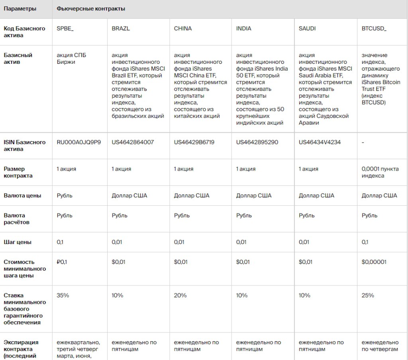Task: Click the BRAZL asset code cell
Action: coord(121,29)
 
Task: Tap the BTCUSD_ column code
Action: coord(374,29)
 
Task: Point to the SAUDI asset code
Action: coord(307,29)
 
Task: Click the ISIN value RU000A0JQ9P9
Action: coord(79,142)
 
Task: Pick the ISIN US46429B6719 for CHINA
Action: coord(194,142)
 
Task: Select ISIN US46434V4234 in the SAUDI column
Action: coord(320,142)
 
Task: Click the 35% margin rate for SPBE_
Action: coord(63,295)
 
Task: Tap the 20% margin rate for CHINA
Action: coord(180,295)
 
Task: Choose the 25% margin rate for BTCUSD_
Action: coord(368,295)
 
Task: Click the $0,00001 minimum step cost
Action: coord(374,262)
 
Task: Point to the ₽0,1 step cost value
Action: coord(62,262)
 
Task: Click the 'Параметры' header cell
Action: coord(20,9)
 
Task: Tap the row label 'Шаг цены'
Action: coord(18,242)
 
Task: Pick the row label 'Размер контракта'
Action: coord(18,172)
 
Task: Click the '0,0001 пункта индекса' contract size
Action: coord(380,172)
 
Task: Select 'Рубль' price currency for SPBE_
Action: coord(65,195)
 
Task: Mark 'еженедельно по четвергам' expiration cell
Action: coord(380,346)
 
